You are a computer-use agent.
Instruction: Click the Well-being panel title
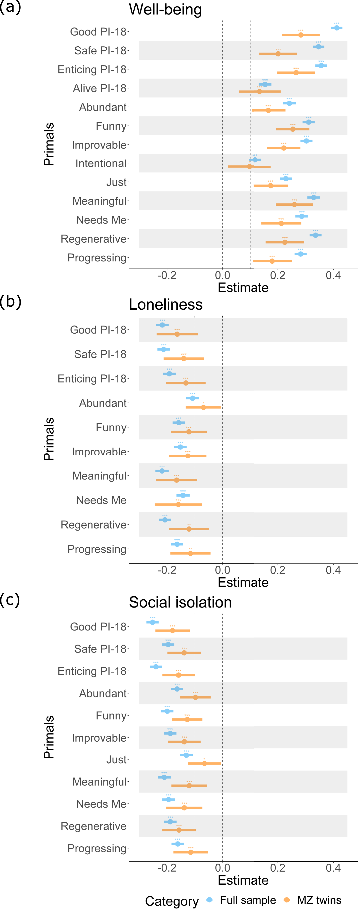tap(165, 10)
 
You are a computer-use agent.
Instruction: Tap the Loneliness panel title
tap(166, 305)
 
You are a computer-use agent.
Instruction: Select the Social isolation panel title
tap(180, 602)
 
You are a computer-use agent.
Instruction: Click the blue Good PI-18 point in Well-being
tap(337, 28)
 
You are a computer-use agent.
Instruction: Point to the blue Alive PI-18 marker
tap(265, 84)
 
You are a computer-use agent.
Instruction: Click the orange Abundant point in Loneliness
tap(203, 407)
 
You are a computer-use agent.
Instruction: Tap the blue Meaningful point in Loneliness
tap(162, 471)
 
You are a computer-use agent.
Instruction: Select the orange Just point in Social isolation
tap(204, 763)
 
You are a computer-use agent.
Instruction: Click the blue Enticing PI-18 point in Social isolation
tap(156, 667)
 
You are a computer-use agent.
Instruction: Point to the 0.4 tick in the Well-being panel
tap(333, 275)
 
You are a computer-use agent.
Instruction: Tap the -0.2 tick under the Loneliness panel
tap(167, 570)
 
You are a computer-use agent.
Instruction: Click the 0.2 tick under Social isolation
tap(278, 868)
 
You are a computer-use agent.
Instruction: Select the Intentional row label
tap(101, 164)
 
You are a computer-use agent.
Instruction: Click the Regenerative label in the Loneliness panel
tap(93, 525)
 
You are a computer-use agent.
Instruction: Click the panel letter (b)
tap(11, 301)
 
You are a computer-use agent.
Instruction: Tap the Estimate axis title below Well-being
tap(243, 287)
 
